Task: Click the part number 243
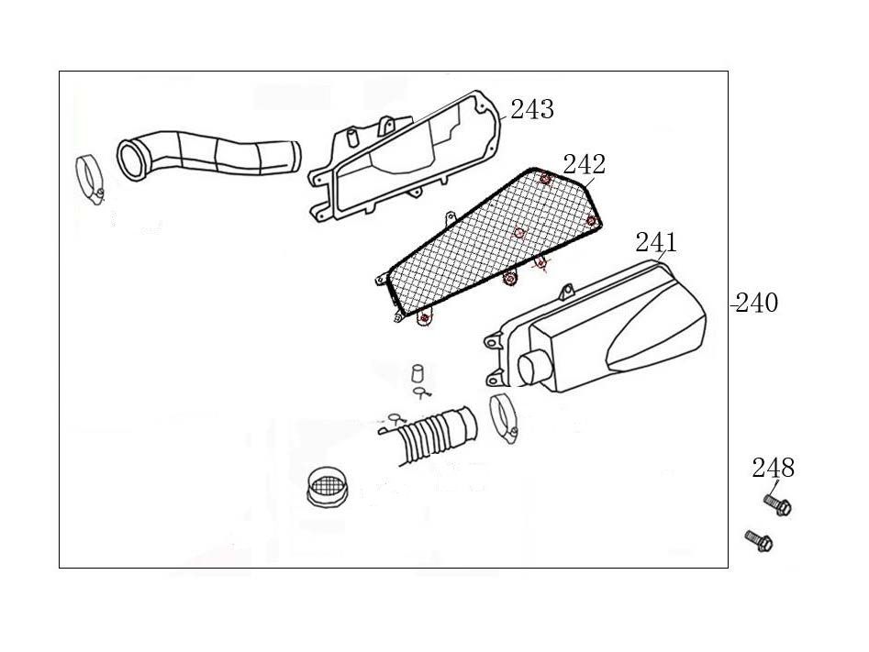(531, 110)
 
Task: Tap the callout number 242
(584, 165)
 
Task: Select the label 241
(656, 243)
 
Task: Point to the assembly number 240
(757, 303)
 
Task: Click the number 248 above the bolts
(773, 468)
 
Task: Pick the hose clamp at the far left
(91, 177)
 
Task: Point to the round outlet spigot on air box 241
(532, 370)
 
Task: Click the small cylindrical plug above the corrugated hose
(417, 373)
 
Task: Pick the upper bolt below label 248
(776, 504)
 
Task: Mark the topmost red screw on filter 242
(545, 178)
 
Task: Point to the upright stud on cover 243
(350, 137)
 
